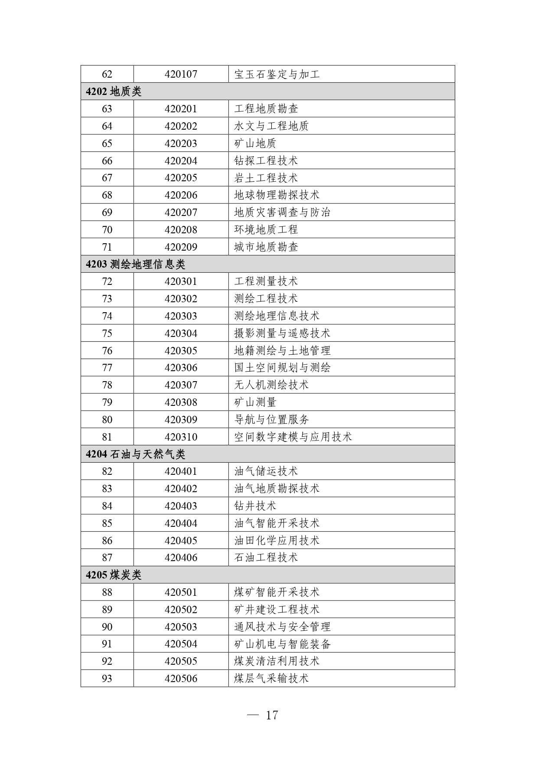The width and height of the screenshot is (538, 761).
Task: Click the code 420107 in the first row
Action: point(181,74)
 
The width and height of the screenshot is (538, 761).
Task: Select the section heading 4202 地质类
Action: point(114,91)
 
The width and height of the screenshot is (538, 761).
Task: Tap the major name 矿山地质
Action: point(255,144)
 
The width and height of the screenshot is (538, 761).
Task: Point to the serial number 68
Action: point(107,195)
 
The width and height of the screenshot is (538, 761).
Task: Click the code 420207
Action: point(181,212)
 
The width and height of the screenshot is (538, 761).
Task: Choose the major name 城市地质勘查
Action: point(266,247)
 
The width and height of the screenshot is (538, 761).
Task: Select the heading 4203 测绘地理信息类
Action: point(135,264)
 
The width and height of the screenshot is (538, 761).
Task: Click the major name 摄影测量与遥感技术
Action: point(282,333)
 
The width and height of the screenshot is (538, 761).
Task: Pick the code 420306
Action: point(181,368)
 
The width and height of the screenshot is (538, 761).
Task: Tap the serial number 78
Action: point(107,385)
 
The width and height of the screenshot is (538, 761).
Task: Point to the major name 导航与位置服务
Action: point(271,420)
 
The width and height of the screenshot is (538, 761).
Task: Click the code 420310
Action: point(181,437)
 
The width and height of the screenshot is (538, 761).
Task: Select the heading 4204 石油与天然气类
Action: point(135,454)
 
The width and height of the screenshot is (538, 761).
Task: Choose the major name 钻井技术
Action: point(255,506)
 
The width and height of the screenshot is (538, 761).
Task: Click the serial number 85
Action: point(107,523)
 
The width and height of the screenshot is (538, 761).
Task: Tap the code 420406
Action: point(181,558)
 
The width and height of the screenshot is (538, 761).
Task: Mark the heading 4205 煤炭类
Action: point(114,575)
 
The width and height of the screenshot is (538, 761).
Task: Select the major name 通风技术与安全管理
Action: point(282,627)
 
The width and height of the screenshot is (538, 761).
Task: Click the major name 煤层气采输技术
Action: point(271,679)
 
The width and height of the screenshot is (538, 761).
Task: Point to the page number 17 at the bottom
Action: point(271,715)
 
